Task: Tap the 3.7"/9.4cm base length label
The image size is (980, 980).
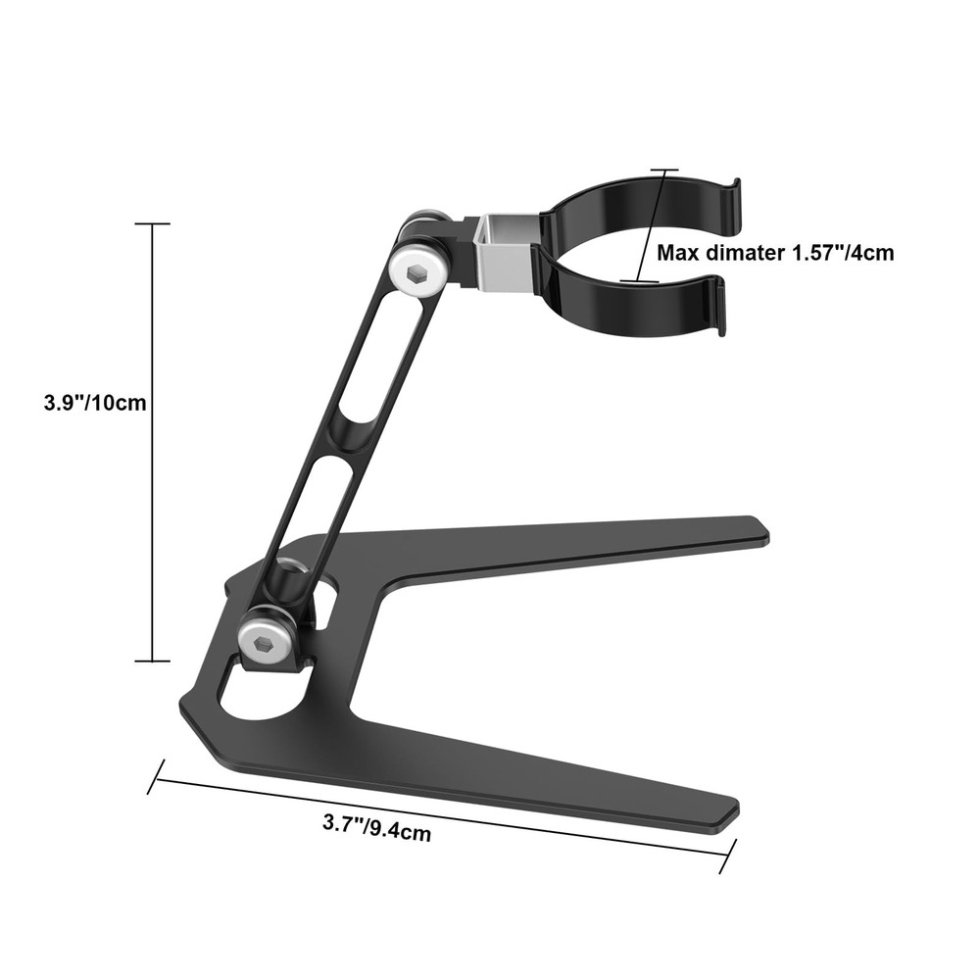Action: coord(377,828)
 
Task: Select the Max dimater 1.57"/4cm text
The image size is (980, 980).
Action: coord(774,253)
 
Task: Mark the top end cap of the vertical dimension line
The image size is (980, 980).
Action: coord(152,224)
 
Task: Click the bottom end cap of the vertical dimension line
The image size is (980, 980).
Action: coord(152,661)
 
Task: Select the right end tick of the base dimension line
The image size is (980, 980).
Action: coord(727,858)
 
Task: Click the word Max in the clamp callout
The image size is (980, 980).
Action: coord(678,253)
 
